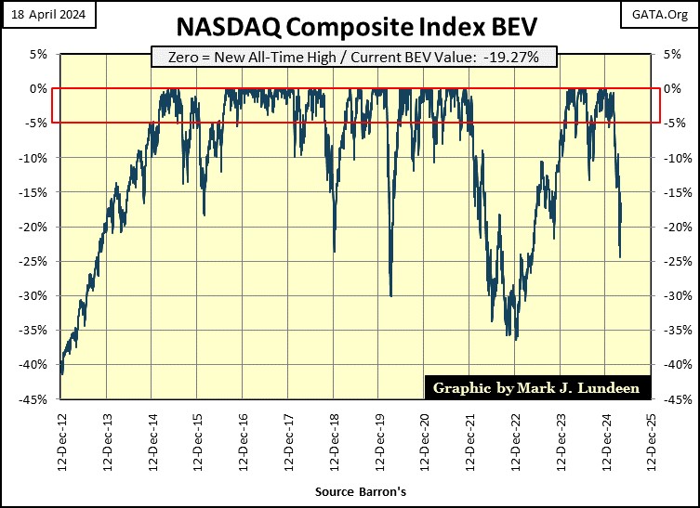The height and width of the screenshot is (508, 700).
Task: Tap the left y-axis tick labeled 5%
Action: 38,54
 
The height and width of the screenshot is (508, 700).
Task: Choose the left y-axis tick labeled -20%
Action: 33,228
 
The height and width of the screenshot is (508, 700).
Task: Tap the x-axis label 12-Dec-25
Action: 654,444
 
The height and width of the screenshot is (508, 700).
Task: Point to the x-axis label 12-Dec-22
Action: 517,444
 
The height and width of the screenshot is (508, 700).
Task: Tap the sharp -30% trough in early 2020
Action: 390,296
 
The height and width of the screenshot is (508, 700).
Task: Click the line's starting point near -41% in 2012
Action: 61,373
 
